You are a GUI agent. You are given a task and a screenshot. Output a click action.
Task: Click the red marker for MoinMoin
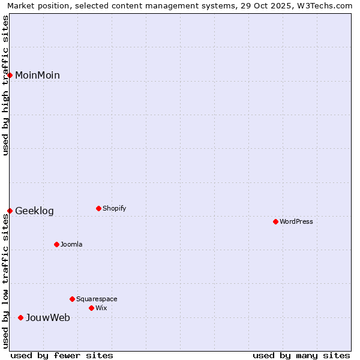coord(10,75)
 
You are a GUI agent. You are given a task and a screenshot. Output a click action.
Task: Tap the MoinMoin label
coord(37,76)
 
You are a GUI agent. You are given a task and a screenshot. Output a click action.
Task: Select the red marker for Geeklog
coord(10,211)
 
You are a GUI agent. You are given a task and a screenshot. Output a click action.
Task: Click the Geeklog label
coord(34,211)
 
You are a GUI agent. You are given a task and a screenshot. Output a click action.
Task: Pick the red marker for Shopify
coord(98,208)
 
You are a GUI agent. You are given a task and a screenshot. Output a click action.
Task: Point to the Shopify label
coord(114,209)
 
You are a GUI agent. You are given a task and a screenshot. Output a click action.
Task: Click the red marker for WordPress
coord(275,221)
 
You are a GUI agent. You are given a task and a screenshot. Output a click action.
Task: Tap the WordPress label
coord(296,222)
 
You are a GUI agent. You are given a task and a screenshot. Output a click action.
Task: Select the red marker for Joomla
coord(56,244)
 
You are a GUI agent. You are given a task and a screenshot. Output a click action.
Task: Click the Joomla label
coord(71,245)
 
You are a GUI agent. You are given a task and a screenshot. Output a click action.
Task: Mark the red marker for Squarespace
coord(72,299)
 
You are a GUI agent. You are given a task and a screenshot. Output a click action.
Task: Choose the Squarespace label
coord(97,299)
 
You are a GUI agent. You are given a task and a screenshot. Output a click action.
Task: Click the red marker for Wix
coord(91,308)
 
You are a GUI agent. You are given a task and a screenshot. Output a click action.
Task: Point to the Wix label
coord(101,308)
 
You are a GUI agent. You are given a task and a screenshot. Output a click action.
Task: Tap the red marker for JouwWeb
coord(20,317)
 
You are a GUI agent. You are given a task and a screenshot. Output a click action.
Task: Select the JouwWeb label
coord(47,318)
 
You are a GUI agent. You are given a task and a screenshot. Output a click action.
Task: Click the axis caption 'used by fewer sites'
coord(62,355)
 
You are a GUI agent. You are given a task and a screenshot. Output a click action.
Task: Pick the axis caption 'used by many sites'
coord(301,355)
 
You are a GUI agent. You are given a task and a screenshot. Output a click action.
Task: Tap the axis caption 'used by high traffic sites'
coord(6,85)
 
